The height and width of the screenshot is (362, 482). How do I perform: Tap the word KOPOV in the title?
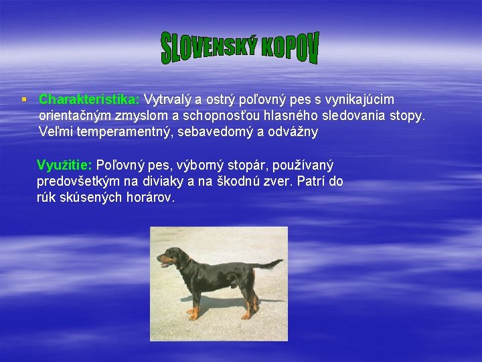(289, 45)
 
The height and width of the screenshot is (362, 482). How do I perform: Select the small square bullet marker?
(23, 99)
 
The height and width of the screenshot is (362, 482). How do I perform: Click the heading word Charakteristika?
(89, 100)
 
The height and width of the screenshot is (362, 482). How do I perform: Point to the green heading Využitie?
(65, 166)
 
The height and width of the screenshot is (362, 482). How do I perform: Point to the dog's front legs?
(194, 302)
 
